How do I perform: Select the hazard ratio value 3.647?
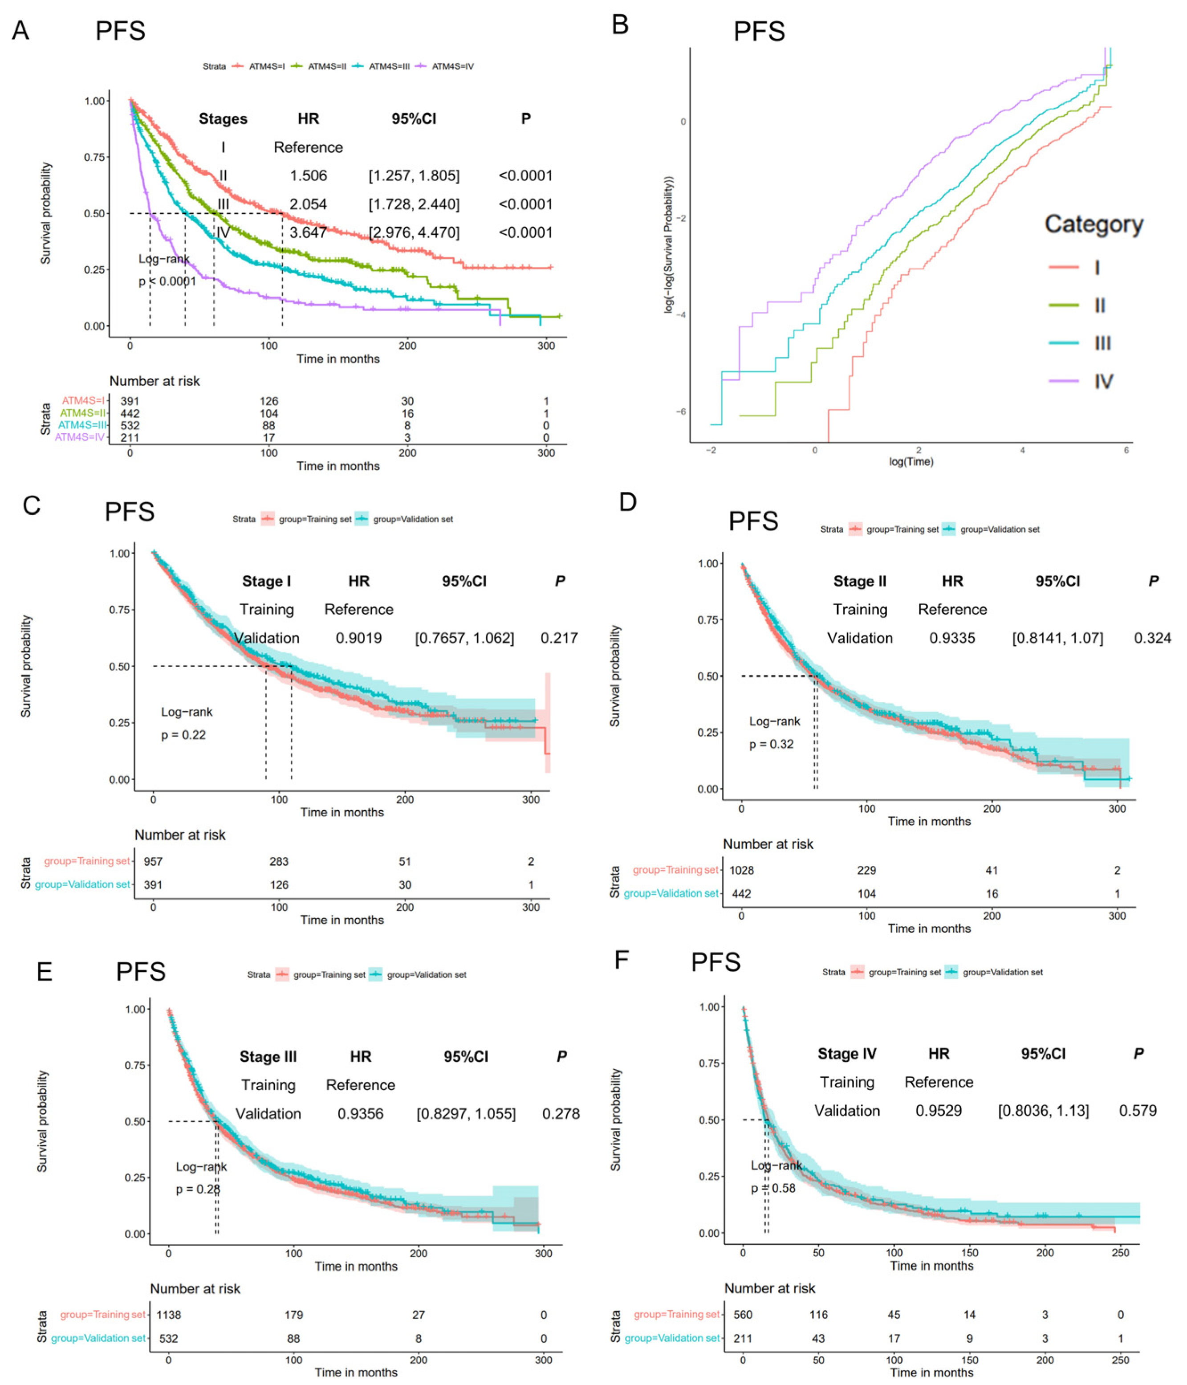coord(308,232)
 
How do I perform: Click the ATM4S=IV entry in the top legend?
coord(452,66)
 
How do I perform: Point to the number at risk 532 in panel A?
coord(130,425)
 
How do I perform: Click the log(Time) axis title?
coord(911,461)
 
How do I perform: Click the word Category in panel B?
coord(1094,224)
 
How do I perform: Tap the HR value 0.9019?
coord(359,638)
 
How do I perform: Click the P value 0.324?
coord(1152,638)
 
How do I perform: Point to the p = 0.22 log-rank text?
coord(183,735)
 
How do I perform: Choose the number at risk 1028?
coord(741,870)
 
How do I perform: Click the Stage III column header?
coord(268,1056)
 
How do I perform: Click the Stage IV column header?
coord(847,1054)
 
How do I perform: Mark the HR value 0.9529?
coord(939,1110)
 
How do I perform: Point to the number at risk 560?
coord(743,1314)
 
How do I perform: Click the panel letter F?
coord(621,960)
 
